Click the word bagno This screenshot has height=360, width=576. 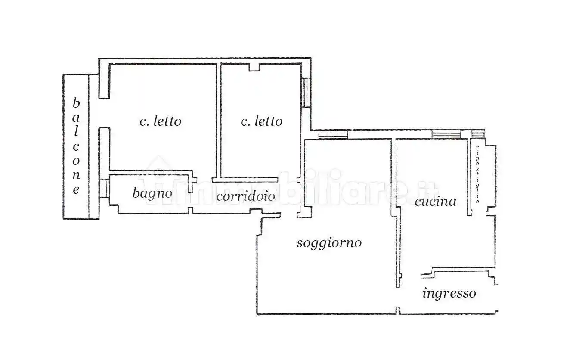point(152,193)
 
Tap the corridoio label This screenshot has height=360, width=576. point(245,196)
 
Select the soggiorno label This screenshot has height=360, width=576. point(329,243)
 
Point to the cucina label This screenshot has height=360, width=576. point(435,201)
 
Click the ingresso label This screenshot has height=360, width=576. point(449,294)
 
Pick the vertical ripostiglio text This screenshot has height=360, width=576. point(477,174)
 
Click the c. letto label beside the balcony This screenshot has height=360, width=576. point(160,121)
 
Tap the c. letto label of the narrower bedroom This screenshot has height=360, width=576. point(261,121)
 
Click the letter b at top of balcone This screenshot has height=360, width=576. point(76,103)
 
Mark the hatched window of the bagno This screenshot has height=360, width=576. point(104,188)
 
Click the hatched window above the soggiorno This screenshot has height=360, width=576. point(333,135)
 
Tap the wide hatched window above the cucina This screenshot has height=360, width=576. point(446,134)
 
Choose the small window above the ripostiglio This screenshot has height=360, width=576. point(478,133)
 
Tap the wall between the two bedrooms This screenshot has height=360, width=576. point(218,121)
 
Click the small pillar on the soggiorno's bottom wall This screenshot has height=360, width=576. point(398,310)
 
